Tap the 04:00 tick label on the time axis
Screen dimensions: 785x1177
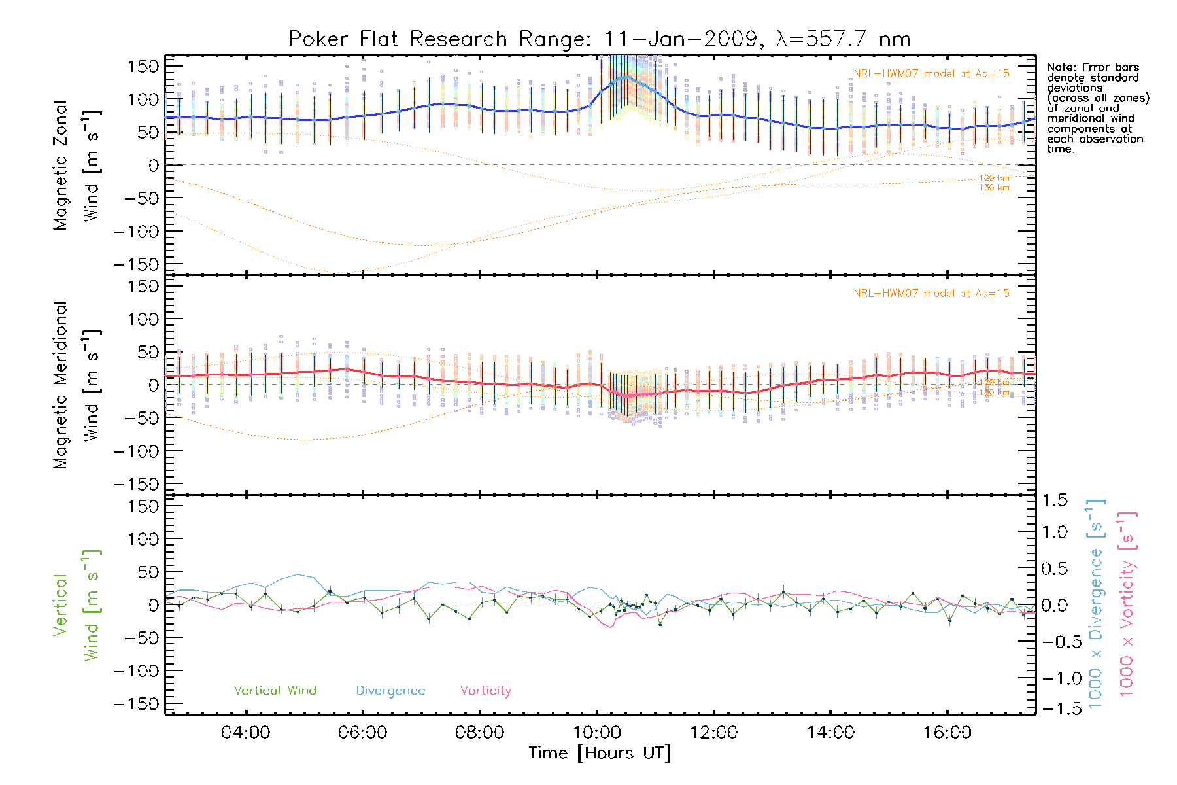(245, 733)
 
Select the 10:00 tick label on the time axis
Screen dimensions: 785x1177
(596, 733)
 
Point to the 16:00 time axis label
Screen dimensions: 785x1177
(947, 733)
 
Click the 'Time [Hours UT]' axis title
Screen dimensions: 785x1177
(600, 753)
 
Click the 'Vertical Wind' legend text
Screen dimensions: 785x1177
(275, 690)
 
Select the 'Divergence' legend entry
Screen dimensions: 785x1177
(390, 691)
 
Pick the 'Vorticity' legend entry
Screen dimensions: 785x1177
(485, 690)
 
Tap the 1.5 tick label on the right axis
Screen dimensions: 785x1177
(1054, 500)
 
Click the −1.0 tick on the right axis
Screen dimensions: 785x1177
(1054, 678)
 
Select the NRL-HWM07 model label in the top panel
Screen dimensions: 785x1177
(931, 73)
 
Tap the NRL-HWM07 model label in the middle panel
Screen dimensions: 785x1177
(931, 294)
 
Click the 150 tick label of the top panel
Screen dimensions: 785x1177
(143, 66)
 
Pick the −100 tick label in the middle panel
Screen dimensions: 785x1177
(136, 451)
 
